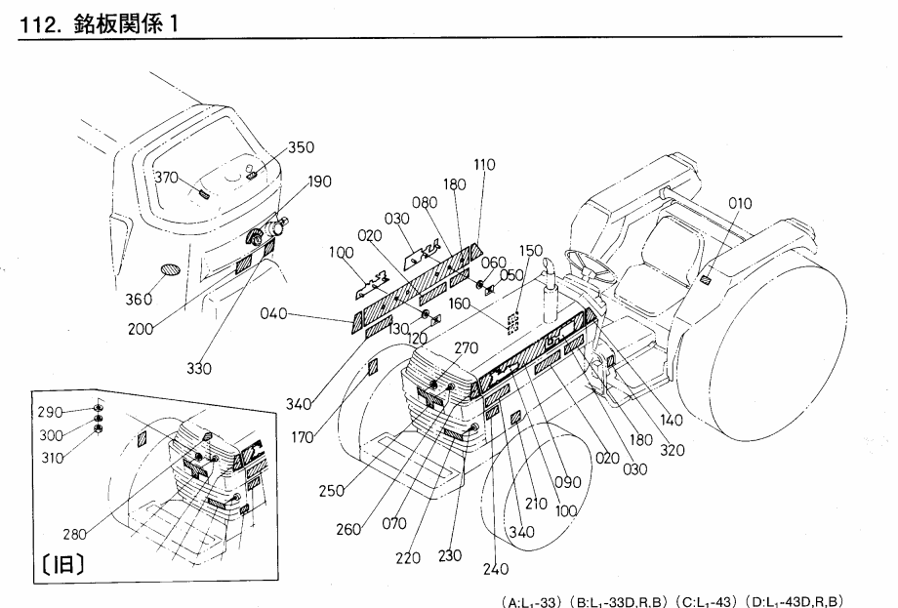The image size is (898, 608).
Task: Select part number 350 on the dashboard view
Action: point(301,148)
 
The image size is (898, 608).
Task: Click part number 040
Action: point(275,313)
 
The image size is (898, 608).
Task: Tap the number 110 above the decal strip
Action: point(484,166)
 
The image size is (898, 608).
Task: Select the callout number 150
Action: point(531,251)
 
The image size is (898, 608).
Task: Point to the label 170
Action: point(303,438)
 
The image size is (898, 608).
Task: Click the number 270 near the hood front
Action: point(467,346)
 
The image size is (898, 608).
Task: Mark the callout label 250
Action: point(330,491)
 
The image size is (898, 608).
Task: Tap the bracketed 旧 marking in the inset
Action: point(63,564)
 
